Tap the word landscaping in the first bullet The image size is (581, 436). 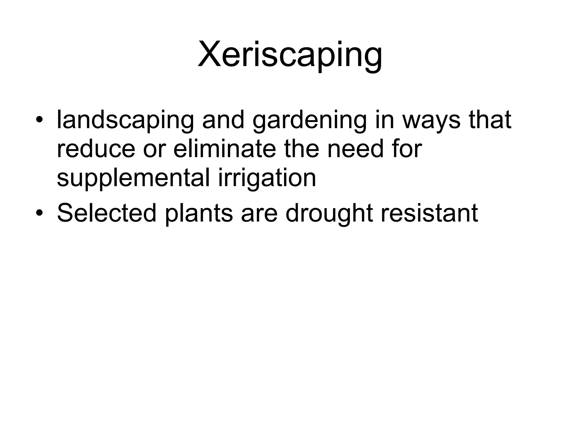(x=125, y=120)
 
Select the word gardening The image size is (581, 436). (x=310, y=120)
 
